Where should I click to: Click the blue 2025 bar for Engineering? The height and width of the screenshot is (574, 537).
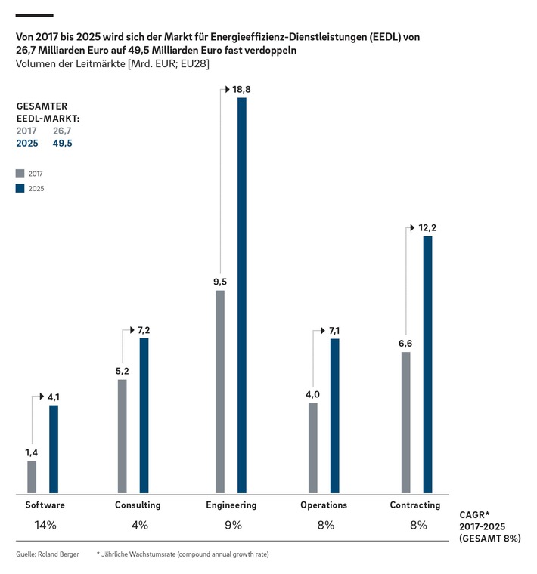[242, 295]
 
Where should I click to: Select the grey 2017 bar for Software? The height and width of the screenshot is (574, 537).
[32, 476]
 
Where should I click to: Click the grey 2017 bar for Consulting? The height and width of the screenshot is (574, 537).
[123, 436]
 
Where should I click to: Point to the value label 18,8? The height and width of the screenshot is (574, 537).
[243, 90]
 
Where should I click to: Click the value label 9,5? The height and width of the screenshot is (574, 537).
[219, 282]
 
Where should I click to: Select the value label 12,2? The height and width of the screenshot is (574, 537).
[428, 227]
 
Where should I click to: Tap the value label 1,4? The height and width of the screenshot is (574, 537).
[31, 452]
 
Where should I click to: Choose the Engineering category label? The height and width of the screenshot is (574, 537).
[231, 505]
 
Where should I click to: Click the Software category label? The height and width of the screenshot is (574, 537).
[45, 505]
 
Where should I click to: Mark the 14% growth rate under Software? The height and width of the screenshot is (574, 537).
[45, 525]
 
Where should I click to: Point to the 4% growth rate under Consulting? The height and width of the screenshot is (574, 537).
[139, 525]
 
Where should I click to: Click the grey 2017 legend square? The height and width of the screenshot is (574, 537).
[20, 173]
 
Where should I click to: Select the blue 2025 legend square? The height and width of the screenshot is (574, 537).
[20, 189]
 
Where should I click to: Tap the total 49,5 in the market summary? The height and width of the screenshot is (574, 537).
[62, 143]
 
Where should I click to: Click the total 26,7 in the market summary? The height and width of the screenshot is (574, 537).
[62, 131]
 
